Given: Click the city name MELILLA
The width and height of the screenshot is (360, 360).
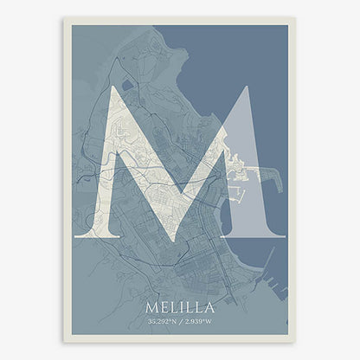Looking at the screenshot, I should [180, 306].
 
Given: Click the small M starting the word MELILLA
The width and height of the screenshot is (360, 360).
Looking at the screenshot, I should [153, 306].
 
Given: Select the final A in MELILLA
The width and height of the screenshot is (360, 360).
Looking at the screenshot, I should [208, 306].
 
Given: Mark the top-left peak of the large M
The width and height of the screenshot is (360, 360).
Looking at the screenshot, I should [110, 87].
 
